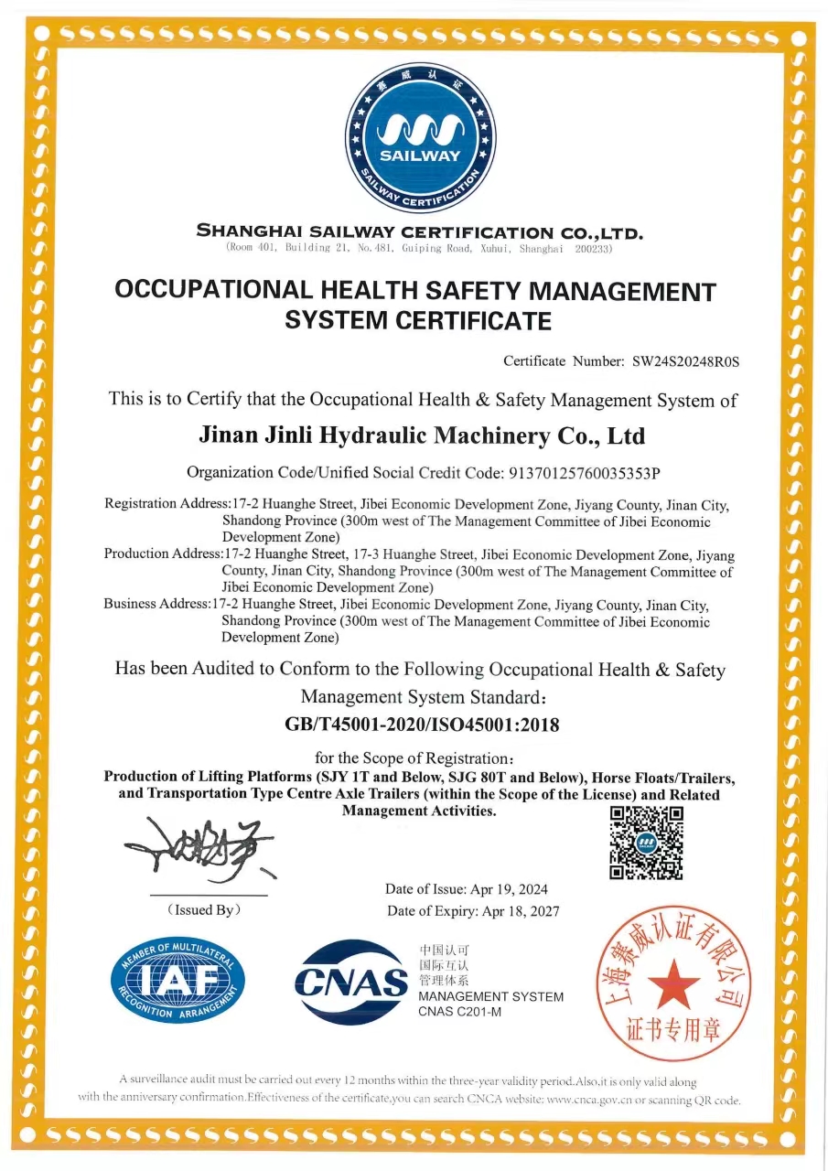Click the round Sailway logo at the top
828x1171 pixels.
click(420, 136)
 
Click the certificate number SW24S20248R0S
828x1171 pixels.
click(685, 361)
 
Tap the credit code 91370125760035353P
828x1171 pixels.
click(582, 473)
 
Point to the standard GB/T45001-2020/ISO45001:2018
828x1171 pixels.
click(422, 725)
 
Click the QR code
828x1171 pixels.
click(646, 843)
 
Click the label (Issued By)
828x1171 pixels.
click(204, 910)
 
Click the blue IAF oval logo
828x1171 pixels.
click(177, 981)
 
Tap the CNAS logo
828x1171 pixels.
click(351, 983)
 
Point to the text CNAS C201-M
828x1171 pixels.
click(460, 1012)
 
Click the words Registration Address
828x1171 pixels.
click(165, 504)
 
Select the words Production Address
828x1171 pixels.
click(163, 553)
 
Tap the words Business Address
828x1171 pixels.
click(156, 605)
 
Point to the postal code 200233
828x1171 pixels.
click(593, 249)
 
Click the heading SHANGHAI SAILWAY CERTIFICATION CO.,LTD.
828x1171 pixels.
click(420, 232)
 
